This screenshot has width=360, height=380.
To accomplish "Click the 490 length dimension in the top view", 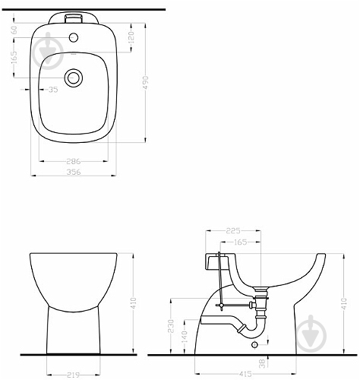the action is (145, 83).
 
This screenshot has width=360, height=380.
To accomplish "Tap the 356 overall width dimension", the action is (74, 172).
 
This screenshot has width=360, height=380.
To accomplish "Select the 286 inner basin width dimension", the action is (74, 161).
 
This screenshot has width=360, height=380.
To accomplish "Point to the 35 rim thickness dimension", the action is (53, 90).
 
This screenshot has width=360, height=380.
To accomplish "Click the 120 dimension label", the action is (131, 37).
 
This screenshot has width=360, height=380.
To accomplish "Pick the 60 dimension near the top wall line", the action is (14, 30).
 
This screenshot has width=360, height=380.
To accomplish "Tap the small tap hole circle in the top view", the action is (74, 38).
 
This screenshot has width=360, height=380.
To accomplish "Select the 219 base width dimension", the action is (74, 375).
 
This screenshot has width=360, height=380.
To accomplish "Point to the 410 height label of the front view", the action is (134, 303).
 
